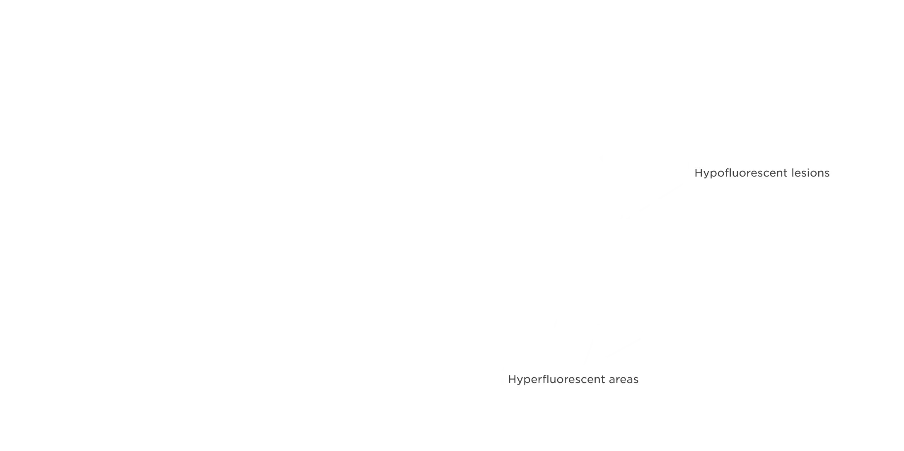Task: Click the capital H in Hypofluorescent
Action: (698, 173)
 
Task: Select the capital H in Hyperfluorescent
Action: (512, 379)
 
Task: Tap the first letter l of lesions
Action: (792, 173)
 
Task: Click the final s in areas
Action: (636, 380)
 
